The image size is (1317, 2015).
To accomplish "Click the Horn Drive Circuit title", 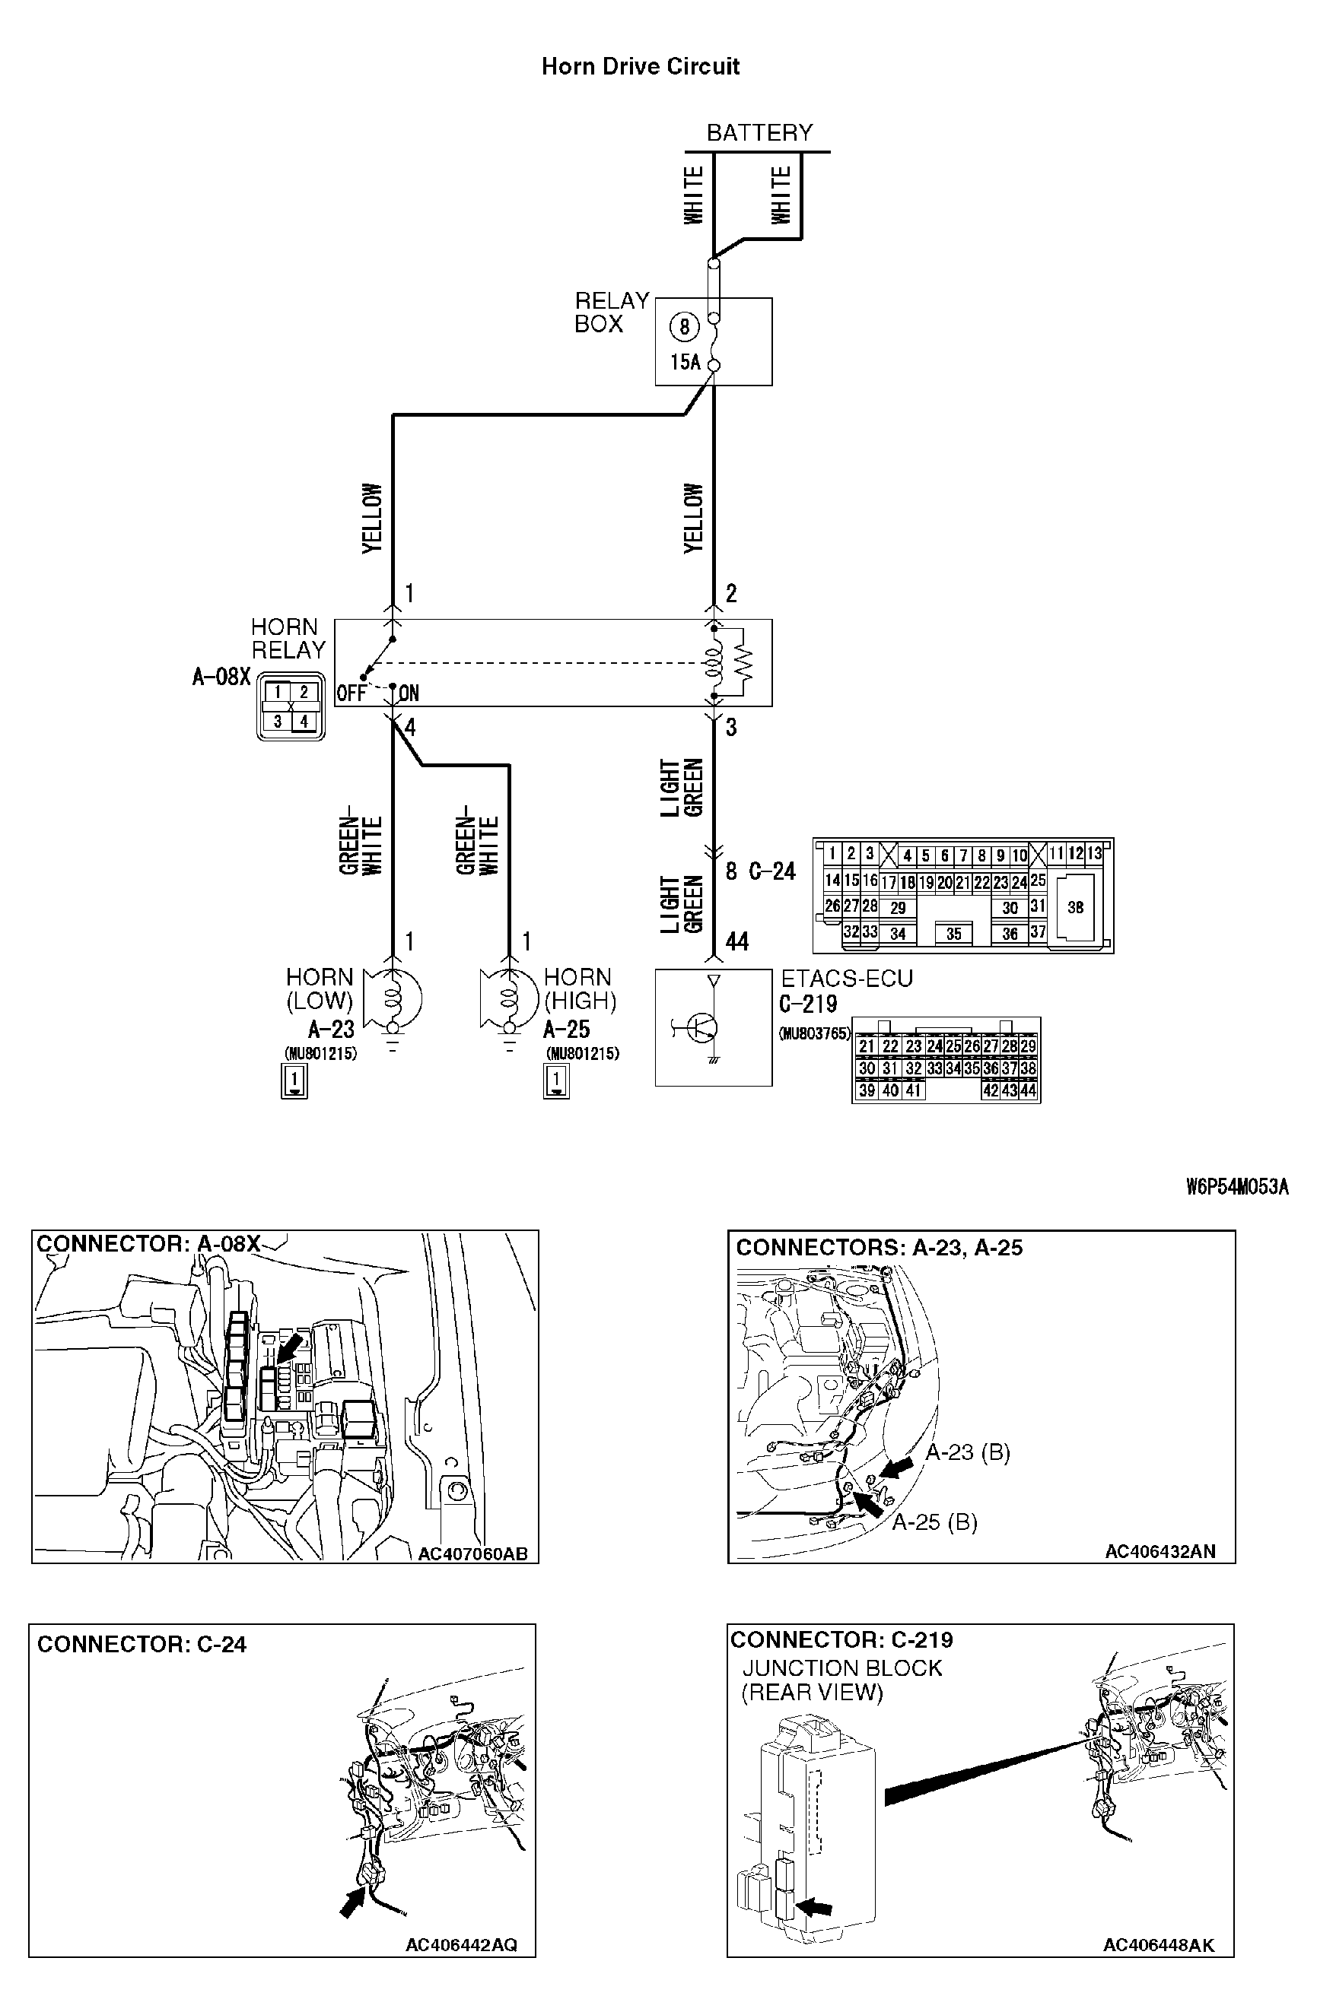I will click(641, 66).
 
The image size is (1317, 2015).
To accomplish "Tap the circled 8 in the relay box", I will click(683, 327).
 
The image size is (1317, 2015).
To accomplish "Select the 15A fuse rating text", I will click(686, 363).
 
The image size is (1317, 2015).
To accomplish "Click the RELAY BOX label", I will click(611, 313).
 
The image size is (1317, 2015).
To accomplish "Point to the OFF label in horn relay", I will click(352, 693).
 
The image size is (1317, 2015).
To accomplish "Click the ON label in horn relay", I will click(409, 693).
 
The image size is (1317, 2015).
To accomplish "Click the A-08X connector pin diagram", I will click(291, 706).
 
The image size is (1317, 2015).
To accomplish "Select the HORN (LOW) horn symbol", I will click(393, 999).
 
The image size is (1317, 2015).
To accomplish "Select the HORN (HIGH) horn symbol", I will click(508, 999).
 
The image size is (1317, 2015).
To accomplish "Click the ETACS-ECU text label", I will click(846, 979).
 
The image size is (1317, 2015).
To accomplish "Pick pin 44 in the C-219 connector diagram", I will click(1028, 1090).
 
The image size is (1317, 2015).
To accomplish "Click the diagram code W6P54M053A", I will click(1236, 1186).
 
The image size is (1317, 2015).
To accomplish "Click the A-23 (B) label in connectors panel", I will click(967, 1453).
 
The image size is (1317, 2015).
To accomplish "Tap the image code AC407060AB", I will click(472, 1553).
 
